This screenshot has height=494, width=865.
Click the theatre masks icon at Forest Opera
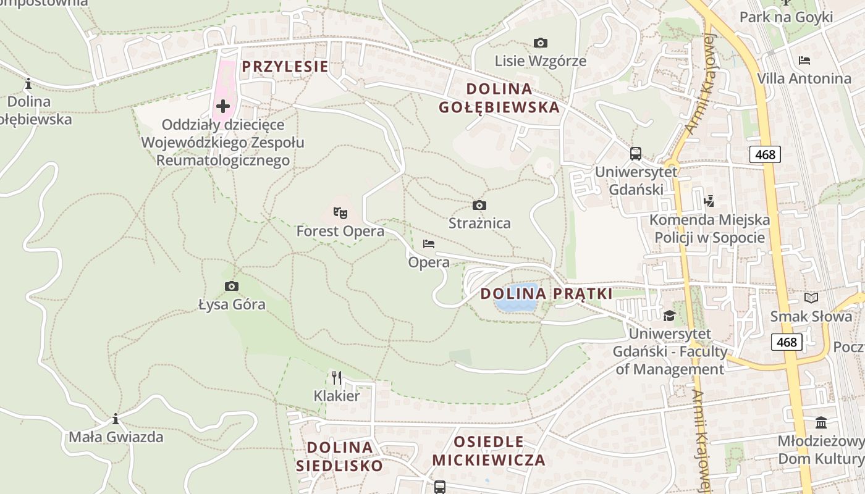pos(340,213)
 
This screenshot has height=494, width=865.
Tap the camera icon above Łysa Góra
pos(232,286)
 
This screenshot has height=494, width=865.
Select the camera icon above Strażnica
pos(479,205)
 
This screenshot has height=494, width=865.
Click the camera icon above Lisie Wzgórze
pos(541,43)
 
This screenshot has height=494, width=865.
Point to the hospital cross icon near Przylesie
pos(222,106)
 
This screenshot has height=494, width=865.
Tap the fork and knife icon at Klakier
pos(337,377)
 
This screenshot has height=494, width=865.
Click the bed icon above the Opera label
pos(429,244)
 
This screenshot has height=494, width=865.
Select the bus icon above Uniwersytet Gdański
pos(635,154)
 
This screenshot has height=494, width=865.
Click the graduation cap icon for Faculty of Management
pos(669,316)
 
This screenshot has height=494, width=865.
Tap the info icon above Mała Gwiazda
pos(116,419)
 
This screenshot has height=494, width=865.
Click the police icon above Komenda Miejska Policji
pos(709,201)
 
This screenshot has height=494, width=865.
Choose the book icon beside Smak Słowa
pos(811,298)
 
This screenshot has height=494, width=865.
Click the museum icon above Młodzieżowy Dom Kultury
pos(821,423)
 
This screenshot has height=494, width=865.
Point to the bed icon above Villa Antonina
pos(804,61)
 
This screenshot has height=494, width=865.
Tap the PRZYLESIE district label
pos(285,67)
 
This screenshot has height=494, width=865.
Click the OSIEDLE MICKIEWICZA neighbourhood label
pos(488,451)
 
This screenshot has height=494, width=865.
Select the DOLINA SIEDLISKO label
pos(339,456)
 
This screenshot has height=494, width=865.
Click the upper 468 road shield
pos(765,154)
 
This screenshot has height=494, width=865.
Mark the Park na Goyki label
pos(786,17)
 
